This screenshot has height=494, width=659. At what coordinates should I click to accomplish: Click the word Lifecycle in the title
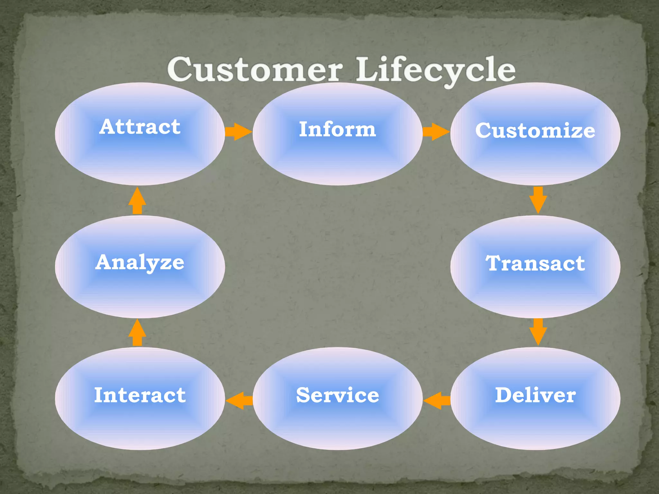[435, 69]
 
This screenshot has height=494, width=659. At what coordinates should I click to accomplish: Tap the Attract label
[140, 127]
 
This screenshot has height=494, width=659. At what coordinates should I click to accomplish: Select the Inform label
[337, 129]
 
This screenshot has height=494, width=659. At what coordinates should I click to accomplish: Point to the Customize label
[535, 131]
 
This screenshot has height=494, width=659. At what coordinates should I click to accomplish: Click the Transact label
[535, 263]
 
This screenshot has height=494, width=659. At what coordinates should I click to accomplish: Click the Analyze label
[140, 262]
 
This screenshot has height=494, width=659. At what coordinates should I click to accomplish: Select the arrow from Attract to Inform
[238, 132]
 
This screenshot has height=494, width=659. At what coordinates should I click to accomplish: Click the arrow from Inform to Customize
[436, 132]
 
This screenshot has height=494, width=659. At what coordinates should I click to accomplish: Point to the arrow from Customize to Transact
[538, 200]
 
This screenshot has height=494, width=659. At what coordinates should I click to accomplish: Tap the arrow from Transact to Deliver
[538, 332]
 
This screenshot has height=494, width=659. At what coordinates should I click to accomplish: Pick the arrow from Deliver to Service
[437, 400]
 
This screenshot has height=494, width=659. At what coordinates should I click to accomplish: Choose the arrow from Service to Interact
[239, 400]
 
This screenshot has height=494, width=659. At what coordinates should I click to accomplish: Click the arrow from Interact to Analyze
[137, 333]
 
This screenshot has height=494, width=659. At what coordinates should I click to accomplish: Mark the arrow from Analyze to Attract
[137, 201]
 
